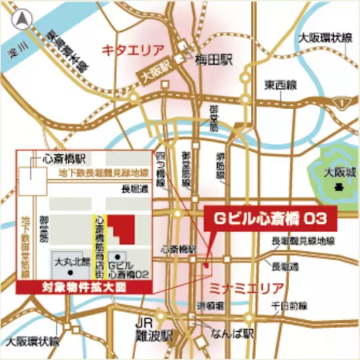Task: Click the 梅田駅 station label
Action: tap(212, 60)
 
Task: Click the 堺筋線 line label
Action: tap(220, 167)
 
